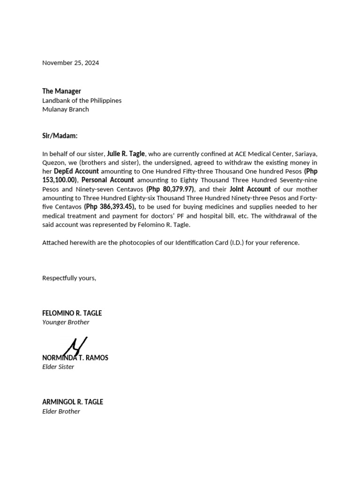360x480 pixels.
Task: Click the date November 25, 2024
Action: click(70, 63)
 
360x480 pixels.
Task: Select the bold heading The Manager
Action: click(61, 91)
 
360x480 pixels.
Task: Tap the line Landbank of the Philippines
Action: click(82, 100)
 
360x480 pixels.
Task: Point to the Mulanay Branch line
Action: click(65, 109)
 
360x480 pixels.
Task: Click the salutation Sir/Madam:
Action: click(60, 135)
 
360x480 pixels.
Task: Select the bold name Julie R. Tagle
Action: click(126, 153)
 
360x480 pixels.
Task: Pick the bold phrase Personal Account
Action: click(108, 180)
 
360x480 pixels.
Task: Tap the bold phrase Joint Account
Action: click(250, 189)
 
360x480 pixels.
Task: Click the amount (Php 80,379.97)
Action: click(170, 189)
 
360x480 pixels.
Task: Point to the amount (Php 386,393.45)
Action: click(110, 207)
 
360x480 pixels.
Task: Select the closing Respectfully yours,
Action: click(69, 278)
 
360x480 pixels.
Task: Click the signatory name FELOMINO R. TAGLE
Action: click(72, 313)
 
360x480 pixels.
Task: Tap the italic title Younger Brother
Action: click(66, 322)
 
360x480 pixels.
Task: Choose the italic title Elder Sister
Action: click(58, 367)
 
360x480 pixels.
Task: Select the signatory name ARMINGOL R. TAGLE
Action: click(73, 402)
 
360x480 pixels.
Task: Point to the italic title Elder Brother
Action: click(61, 411)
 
